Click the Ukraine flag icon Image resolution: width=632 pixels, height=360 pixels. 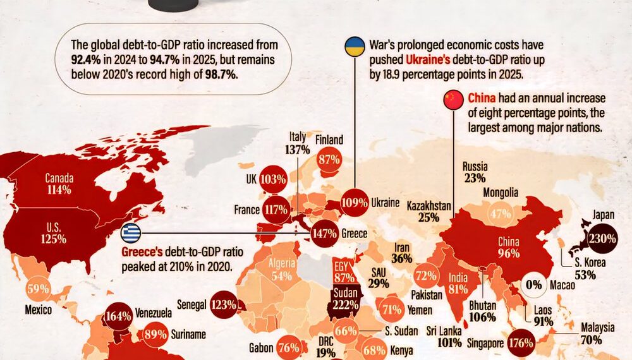click(x=355, y=47)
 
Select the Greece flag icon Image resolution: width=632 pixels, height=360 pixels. click(x=131, y=233)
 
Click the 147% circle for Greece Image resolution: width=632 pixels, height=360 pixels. click(x=324, y=233)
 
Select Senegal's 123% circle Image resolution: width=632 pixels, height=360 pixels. click(x=224, y=305)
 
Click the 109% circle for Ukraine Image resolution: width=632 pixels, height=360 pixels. click(x=355, y=203)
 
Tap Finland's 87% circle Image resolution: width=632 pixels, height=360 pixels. click(x=329, y=160)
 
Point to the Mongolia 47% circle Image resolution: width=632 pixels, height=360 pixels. click(x=500, y=213)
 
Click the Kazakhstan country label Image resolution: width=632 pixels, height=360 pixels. click(x=428, y=206)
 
